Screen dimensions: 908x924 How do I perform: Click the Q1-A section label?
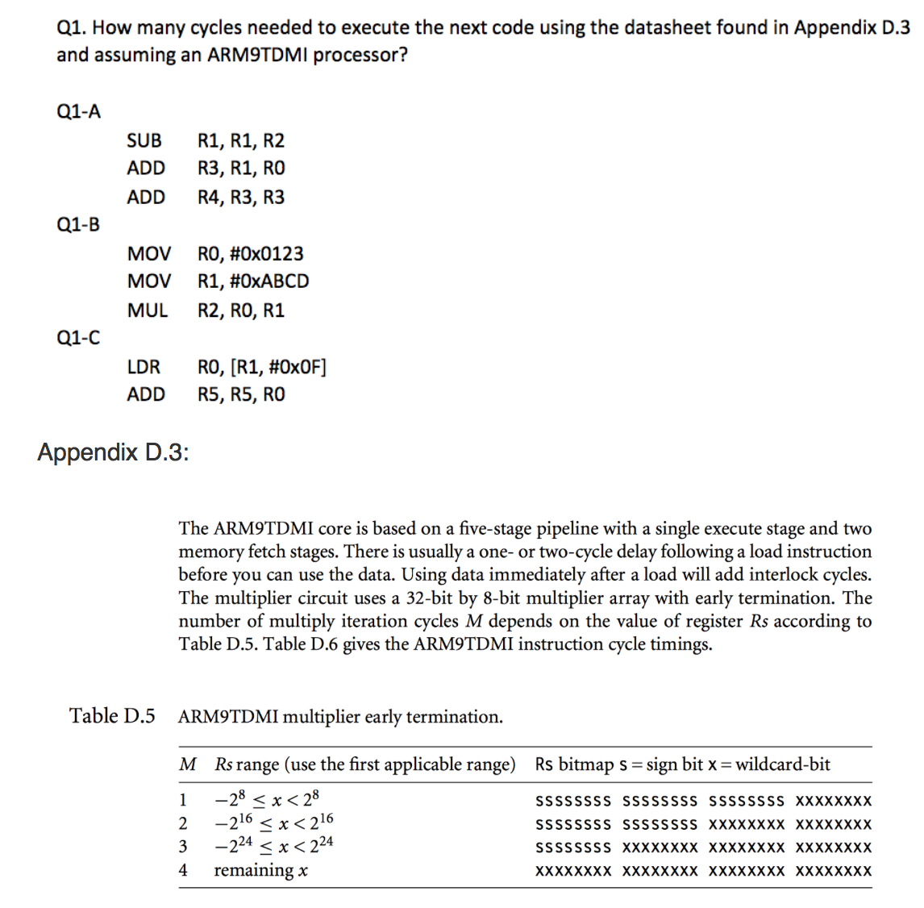point(78,111)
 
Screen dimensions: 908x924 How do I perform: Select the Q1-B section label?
point(78,224)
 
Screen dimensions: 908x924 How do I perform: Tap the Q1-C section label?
point(78,337)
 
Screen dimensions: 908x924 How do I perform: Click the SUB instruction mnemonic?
point(144,141)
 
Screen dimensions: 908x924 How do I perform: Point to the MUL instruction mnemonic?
point(148,310)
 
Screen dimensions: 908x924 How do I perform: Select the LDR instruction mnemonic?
point(144,367)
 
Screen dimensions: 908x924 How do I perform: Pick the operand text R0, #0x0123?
point(251,254)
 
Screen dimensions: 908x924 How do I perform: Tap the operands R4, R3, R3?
point(241,198)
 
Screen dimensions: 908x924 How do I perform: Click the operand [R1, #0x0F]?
point(278,367)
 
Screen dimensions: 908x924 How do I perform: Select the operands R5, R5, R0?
point(241,394)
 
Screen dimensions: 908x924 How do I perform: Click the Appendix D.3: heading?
point(113,452)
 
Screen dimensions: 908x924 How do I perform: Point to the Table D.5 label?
point(112,716)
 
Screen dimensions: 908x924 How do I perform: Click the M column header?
point(187,764)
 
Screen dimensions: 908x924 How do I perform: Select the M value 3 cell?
point(183,847)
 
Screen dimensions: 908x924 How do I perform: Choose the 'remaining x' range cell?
point(260,870)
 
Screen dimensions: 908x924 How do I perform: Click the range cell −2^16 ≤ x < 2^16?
point(273,823)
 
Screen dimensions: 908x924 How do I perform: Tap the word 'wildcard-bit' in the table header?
point(783,764)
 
